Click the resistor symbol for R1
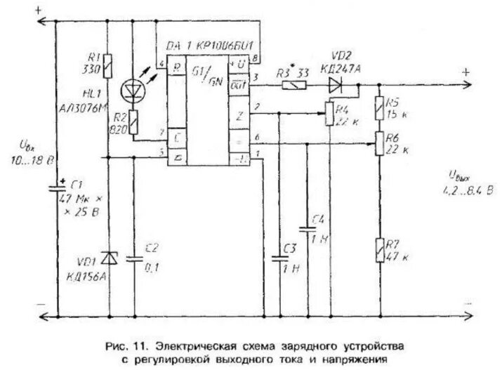pos(107,67)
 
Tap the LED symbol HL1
pos(132,90)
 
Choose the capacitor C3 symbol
pos(279,259)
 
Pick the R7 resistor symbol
pos(380,250)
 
